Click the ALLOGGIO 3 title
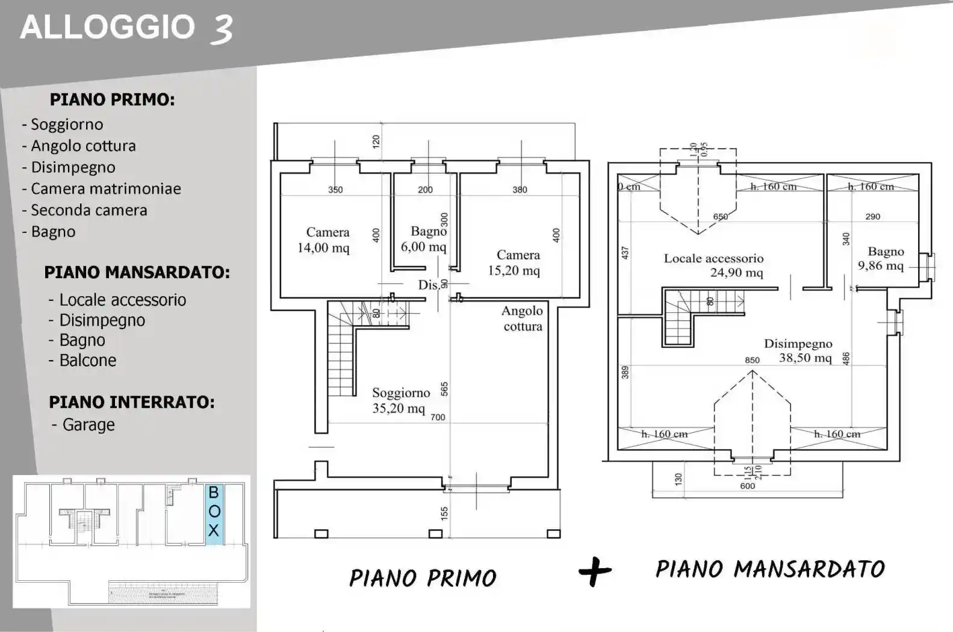[x=126, y=28]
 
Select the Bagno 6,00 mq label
[x=425, y=239]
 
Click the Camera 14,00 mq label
[x=325, y=240]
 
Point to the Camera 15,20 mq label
[x=515, y=263]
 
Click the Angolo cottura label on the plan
[x=522, y=318]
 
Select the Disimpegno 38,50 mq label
[x=799, y=351]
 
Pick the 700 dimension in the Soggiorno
[x=438, y=417]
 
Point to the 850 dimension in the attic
[x=752, y=360]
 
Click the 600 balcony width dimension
[x=747, y=486]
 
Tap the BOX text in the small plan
[x=214, y=511]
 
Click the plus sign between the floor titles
[x=595, y=572]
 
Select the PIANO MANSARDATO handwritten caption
[x=770, y=569]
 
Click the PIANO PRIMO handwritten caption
[x=423, y=578]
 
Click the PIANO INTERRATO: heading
[x=131, y=402]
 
